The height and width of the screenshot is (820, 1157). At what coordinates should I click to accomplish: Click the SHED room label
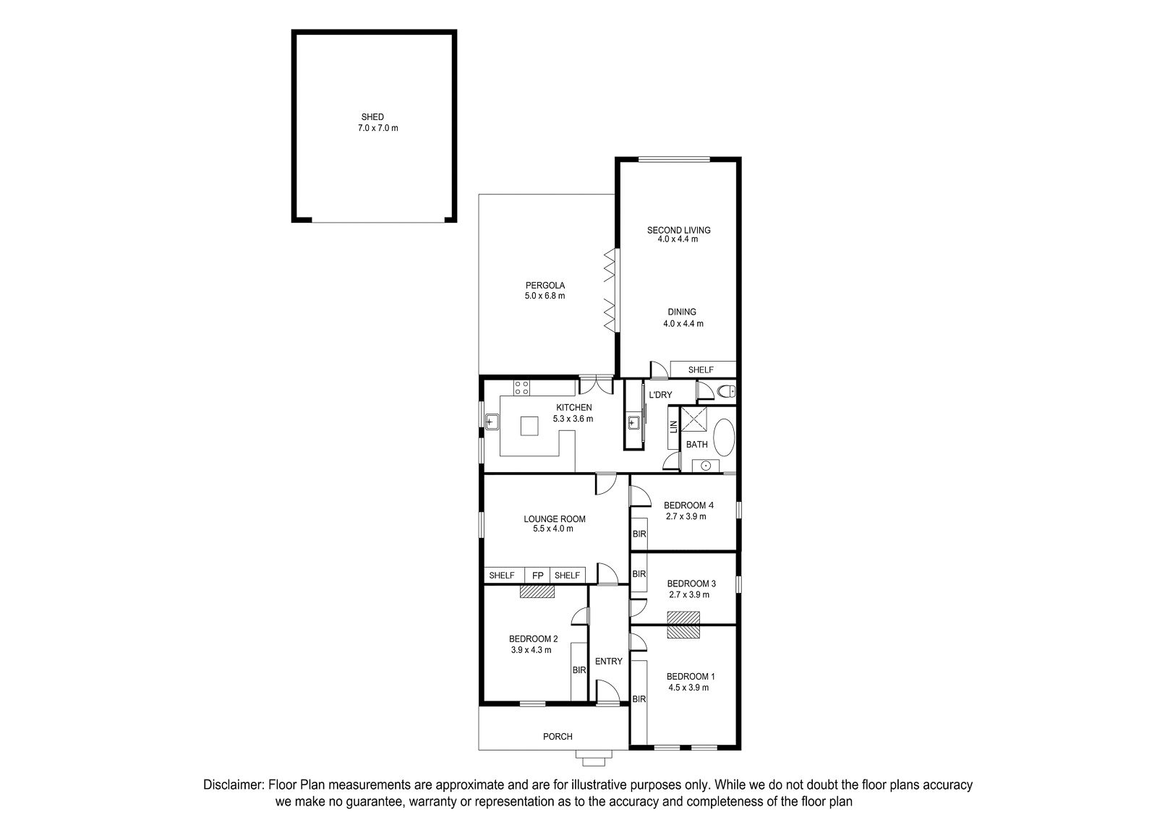(372, 117)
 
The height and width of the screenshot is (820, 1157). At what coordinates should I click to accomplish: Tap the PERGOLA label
(545, 285)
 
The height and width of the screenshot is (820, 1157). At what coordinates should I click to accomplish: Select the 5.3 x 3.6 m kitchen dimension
(573, 419)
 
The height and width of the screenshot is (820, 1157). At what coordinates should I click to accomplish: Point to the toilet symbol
(727, 391)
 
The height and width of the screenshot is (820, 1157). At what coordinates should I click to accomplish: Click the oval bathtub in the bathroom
(724, 437)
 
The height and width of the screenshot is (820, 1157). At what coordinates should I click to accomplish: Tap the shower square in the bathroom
(693, 419)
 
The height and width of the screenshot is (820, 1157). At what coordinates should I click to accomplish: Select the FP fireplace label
(538, 576)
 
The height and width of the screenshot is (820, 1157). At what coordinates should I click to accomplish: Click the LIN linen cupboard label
(673, 427)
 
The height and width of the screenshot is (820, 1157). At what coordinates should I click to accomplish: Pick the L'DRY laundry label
(660, 395)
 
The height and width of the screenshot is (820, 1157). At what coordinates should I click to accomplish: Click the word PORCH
(558, 736)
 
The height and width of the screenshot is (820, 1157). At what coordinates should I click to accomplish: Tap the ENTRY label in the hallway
(608, 661)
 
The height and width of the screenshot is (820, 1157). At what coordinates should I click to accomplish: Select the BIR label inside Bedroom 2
(579, 670)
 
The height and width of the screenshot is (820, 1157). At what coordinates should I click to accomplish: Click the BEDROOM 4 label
(688, 505)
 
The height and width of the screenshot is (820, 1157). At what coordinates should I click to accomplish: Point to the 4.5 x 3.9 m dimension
(688, 687)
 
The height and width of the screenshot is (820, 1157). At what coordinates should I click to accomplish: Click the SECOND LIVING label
(679, 230)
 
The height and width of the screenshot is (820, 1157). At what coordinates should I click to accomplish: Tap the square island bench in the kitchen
(529, 426)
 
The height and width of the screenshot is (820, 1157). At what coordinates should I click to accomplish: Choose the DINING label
(682, 312)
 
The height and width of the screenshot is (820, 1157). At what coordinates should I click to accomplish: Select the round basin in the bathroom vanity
(706, 466)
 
